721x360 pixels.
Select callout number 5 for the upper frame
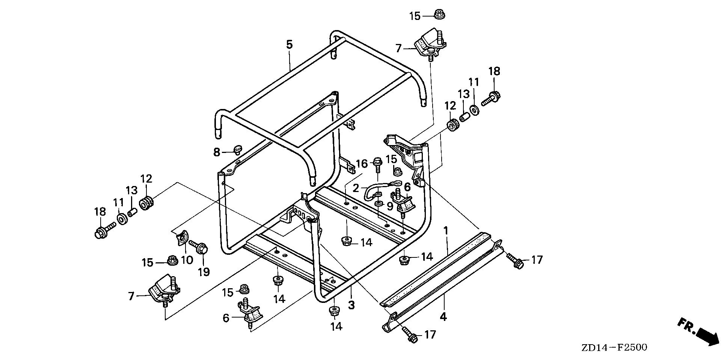(x=289, y=45)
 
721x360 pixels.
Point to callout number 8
(x=217, y=152)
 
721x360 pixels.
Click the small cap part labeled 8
(x=237, y=150)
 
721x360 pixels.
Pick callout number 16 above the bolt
(x=362, y=164)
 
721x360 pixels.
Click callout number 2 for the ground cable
(x=356, y=187)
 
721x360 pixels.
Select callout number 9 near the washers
(x=390, y=206)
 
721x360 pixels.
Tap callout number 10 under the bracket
(x=187, y=259)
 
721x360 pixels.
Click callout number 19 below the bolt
(x=204, y=271)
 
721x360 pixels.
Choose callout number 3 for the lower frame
(x=351, y=305)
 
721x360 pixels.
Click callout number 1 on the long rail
(x=446, y=230)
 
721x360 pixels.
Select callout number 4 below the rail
(x=443, y=316)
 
